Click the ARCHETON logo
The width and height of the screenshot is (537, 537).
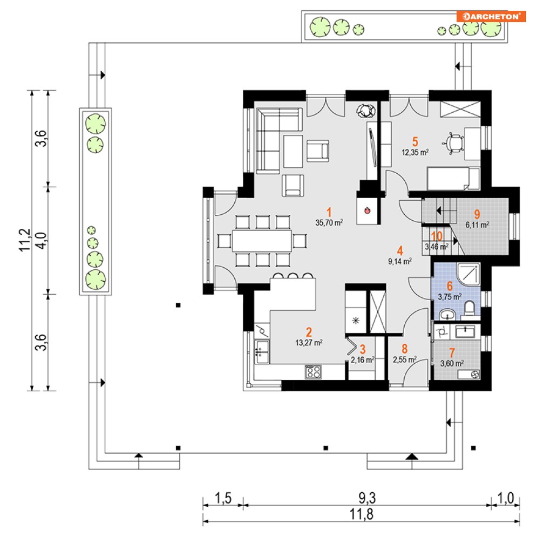coord(491,16)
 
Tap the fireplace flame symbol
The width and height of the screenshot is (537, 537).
coord(368,210)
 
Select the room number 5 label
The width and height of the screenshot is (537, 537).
coord(415,141)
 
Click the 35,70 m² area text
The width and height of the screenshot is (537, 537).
coord(329,222)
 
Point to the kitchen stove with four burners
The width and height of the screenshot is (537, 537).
coord(313,372)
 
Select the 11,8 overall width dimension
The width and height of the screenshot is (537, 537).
coord(361,514)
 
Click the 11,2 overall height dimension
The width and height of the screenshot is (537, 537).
coord(25,240)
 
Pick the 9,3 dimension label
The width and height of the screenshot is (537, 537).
coord(367,498)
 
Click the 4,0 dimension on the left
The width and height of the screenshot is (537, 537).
coord(41,240)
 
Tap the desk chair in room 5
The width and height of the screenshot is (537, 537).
coord(454,143)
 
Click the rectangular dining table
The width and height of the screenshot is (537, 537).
coord(262,241)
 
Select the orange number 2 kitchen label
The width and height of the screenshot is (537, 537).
coord(309,332)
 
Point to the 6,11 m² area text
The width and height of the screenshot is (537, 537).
coord(477,225)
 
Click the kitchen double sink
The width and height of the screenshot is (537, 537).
coord(262,352)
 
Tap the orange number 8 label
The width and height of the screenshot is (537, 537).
coord(404,349)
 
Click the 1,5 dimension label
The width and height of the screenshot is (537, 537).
coord(223,498)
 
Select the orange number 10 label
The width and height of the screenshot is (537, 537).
coord(437,236)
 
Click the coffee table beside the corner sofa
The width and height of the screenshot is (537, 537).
coord(293,151)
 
